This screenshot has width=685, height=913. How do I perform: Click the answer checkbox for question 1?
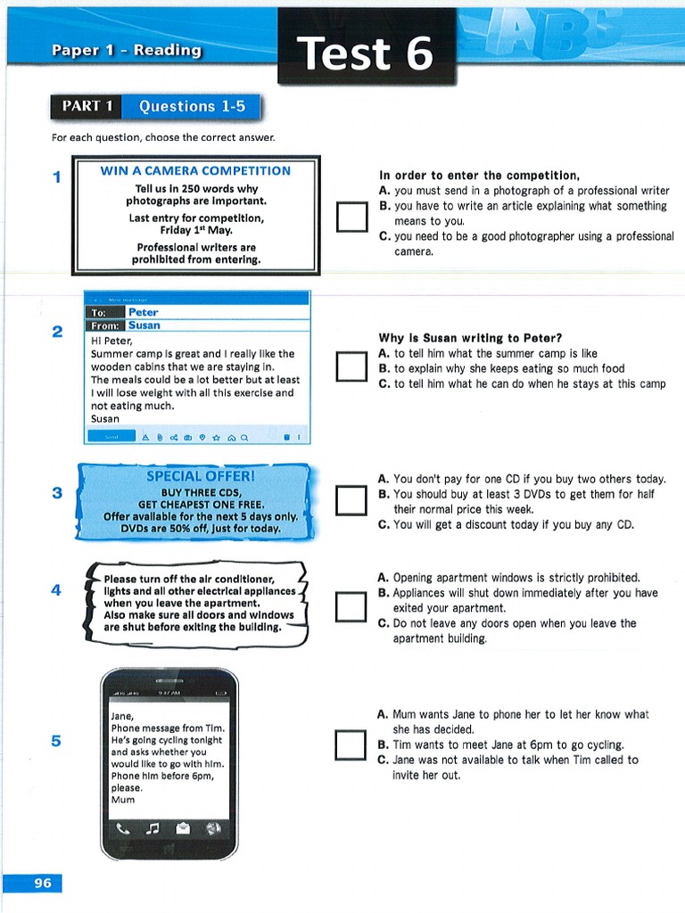(x=351, y=218)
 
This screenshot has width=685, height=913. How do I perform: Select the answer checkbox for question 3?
(x=351, y=500)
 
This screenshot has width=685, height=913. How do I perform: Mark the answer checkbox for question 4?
(x=351, y=606)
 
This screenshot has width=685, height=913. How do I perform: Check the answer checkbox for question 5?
(x=351, y=745)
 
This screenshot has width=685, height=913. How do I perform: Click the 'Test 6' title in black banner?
(x=366, y=53)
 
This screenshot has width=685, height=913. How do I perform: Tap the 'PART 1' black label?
(x=87, y=107)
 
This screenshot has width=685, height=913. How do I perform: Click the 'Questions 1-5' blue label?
(x=191, y=107)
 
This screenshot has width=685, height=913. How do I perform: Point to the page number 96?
(x=43, y=883)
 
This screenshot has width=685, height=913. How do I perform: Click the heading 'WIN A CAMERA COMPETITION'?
(x=195, y=170)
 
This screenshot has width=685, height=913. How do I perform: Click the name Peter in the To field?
(x=143, y=312)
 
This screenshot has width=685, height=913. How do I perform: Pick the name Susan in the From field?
(x=144, y=325)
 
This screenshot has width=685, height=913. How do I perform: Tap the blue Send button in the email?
(x=111, y=437)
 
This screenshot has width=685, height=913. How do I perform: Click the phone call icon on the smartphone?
(x=121, y=828)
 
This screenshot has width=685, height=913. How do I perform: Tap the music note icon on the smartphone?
(x=152, y=828)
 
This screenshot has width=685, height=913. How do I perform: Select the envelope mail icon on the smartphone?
(x=183, y=828)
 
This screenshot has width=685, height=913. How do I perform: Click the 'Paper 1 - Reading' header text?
(x=126, y=51)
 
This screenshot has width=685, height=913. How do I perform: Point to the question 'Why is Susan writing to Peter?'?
(x=470, y=338)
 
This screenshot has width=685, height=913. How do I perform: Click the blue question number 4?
(x=56, y=590)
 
